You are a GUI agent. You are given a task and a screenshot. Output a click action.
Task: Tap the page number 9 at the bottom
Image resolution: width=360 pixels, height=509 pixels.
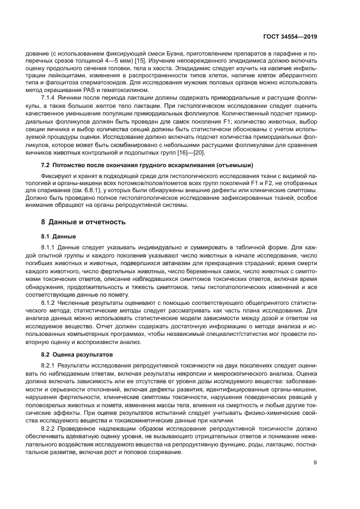coord(315,463)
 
